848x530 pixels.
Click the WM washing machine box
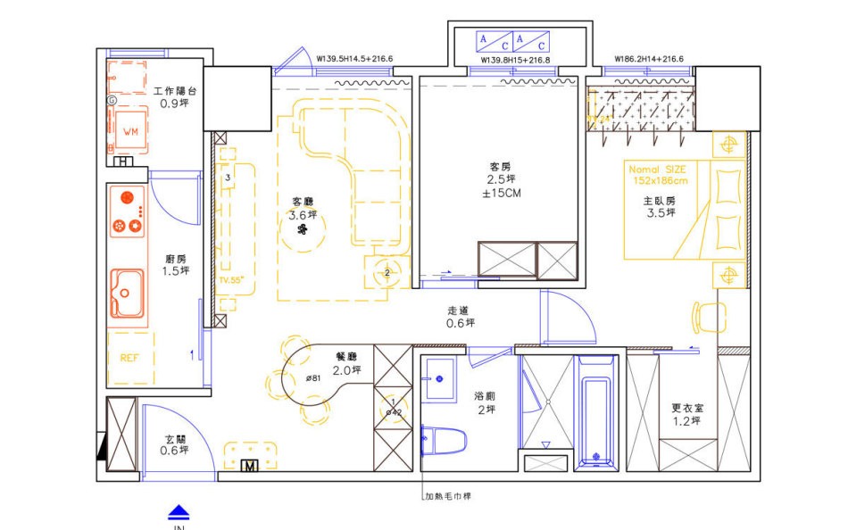(130, 132)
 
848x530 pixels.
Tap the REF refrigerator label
(129, 358)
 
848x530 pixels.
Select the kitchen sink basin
(126, 293)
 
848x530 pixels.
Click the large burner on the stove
(126, 197)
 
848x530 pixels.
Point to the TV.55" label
(230, 280)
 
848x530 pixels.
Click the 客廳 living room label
(303, 202)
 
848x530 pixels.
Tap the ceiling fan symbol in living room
(303, 230)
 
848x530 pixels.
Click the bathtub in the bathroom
(596, 410)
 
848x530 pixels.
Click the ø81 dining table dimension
(313, 377)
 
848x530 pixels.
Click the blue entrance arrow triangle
(179, 511)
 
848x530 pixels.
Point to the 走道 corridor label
(461, 311)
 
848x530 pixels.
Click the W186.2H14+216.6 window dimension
(648, 60)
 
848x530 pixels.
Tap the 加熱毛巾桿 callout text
(448, 496)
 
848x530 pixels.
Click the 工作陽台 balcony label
(175, 91)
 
